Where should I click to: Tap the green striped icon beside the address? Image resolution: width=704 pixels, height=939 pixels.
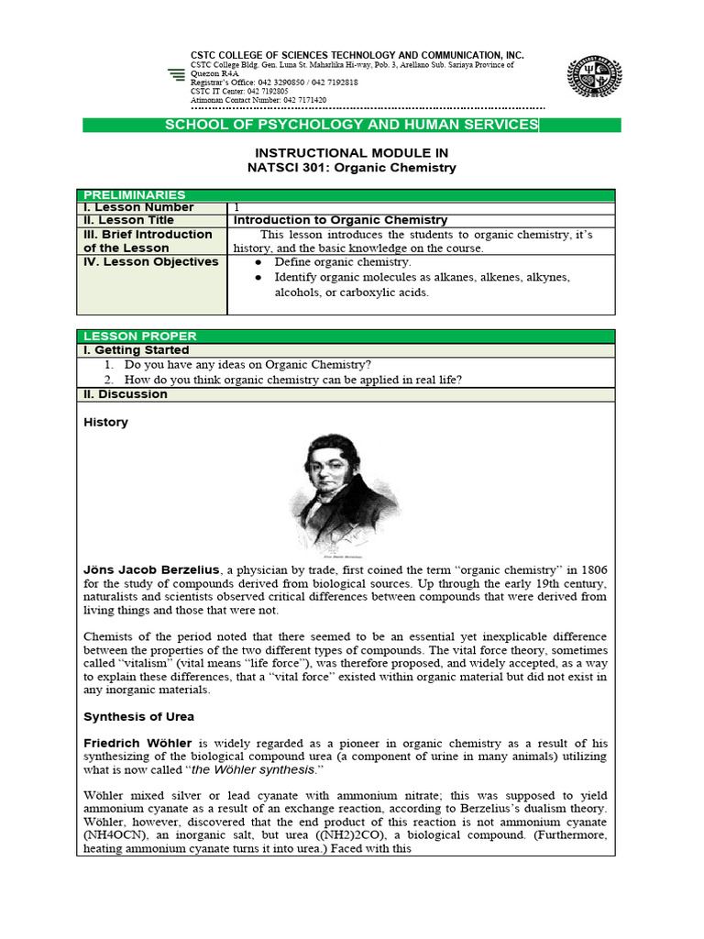[177, 76]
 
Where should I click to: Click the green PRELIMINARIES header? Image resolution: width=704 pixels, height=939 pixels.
[135, 194]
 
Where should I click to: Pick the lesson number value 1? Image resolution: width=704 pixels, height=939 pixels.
[237, 207]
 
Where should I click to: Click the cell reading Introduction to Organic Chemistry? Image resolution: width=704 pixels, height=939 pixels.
[341, 220]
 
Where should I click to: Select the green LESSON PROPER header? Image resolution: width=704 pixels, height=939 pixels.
[140, 337]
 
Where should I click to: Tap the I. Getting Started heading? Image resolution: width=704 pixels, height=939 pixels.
[137, 350]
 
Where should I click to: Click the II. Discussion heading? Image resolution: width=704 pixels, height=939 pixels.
[126, 394]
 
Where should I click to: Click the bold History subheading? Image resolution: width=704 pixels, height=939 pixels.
[106, 423]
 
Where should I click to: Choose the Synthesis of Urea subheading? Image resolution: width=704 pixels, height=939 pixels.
[138, 716]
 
